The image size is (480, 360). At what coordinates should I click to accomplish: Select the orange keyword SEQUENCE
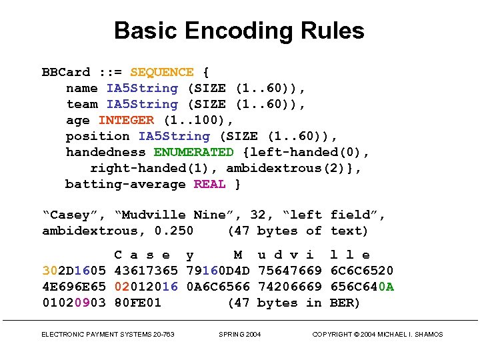tap(162, 72)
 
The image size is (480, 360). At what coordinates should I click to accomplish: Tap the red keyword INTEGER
tap(126, 120)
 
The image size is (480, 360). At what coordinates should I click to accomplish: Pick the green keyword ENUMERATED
tap(193, 152)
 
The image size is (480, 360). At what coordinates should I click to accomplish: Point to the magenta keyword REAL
tap(209, 184)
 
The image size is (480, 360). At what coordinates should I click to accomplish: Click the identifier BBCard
tap(65, 72)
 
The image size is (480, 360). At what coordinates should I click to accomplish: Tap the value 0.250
tap(173, 231)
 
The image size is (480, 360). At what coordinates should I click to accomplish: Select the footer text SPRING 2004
tap(240, 335)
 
